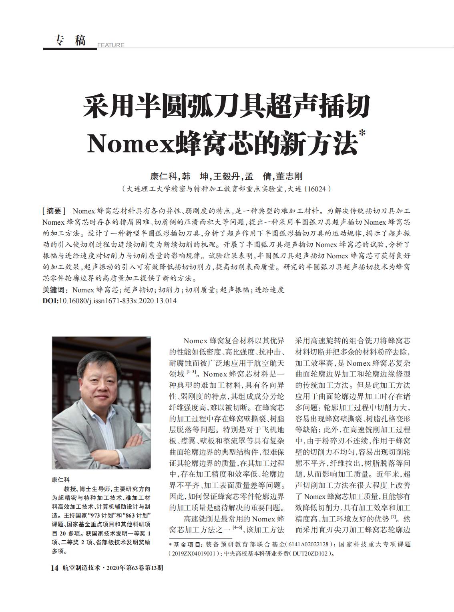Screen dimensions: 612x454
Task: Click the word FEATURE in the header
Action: point(111,45)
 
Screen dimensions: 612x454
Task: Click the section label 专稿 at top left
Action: point(70,40)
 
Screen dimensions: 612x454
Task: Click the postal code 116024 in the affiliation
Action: point(315,188)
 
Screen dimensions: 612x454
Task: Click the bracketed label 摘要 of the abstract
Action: point(54,211)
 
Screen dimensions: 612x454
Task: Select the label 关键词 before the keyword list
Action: point(55,290)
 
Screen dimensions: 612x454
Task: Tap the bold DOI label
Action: point(50,301)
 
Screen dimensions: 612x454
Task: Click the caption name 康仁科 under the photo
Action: point(61,479)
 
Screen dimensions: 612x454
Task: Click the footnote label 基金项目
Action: point(188,545)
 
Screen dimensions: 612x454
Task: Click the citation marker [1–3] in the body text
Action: point(191,372)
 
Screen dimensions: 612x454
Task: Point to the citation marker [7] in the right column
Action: point(394,517)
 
